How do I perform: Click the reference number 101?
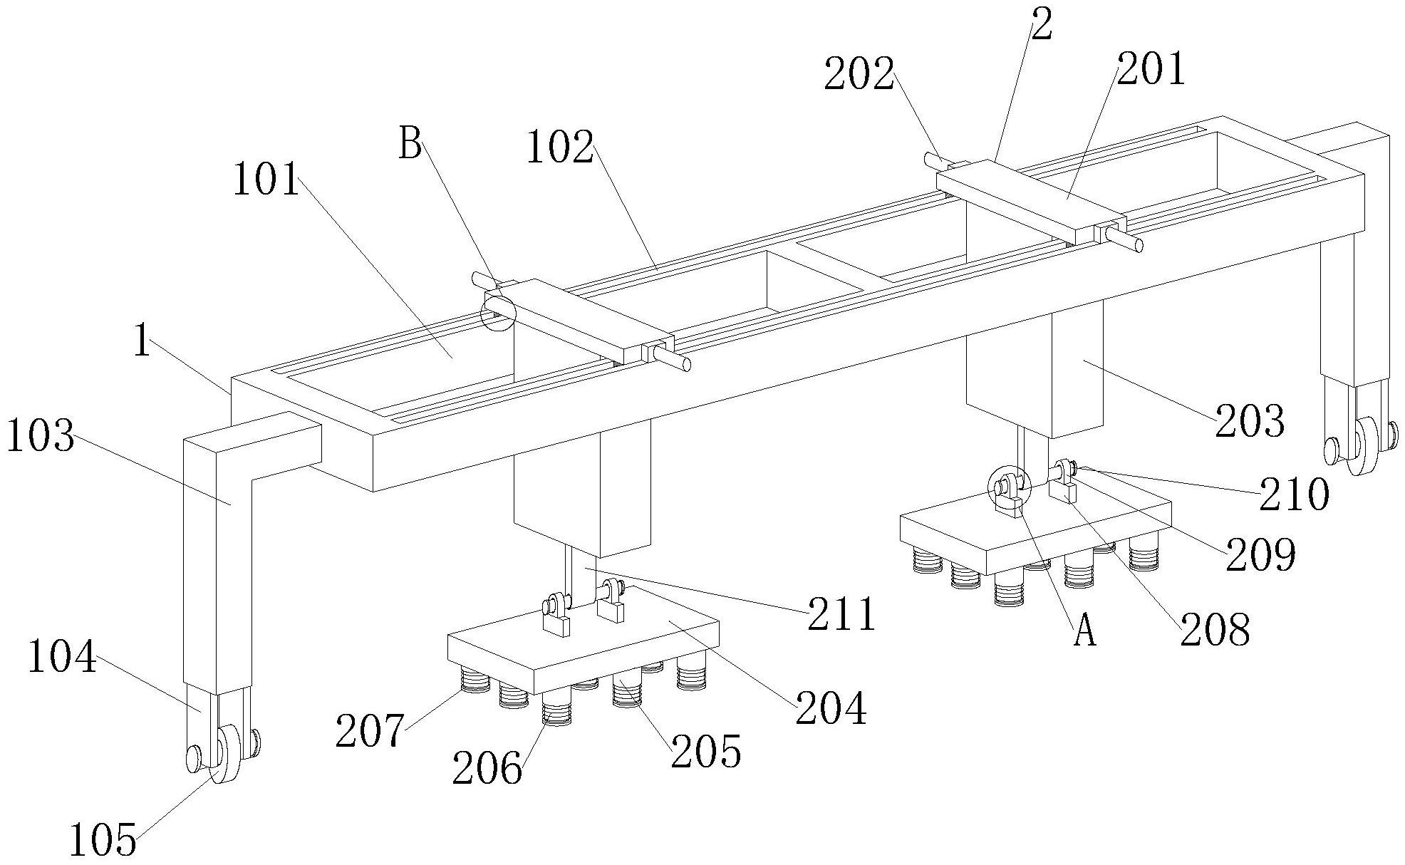click(266, 179)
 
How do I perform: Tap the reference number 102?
click(560, 149)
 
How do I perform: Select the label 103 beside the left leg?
click(40, 436)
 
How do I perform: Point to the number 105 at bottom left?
click(103, 839)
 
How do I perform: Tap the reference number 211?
click(841, 614)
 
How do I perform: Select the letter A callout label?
click(1084, 631)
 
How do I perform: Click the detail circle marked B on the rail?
click(497, 314)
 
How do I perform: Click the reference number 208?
click(1215, 629)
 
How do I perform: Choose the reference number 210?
click(1294, 494)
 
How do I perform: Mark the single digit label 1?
click(142, 342)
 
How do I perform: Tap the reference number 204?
click(831, 708)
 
